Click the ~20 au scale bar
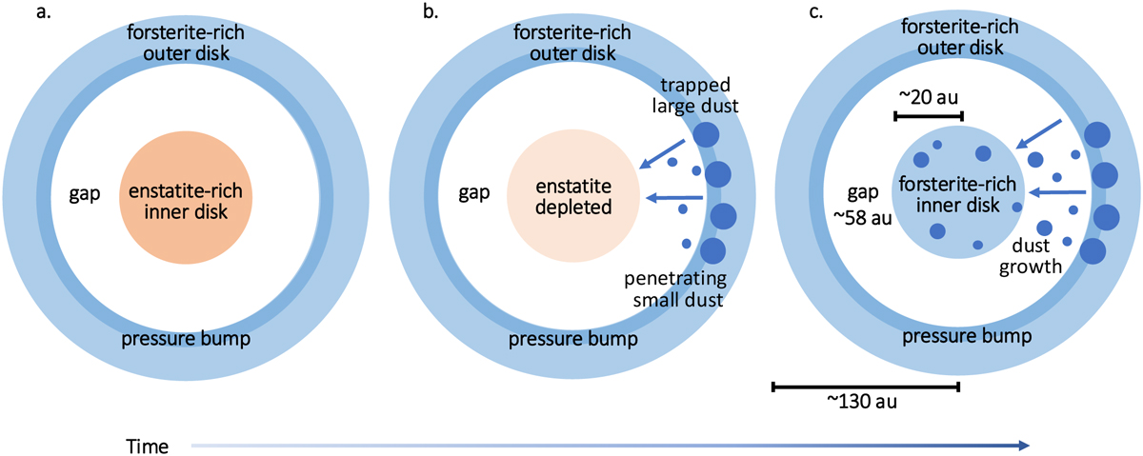(929, 116)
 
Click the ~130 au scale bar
(865, 387)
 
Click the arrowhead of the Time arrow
(1022, 445)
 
